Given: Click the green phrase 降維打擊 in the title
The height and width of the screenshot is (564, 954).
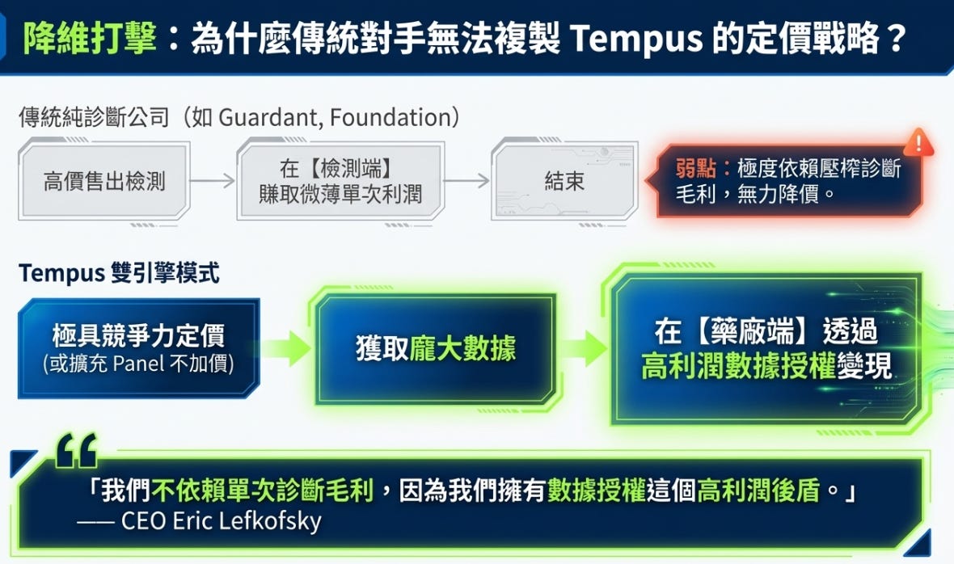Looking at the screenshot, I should pos(90,37).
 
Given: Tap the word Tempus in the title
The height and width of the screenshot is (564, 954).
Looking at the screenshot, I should pos(635,37).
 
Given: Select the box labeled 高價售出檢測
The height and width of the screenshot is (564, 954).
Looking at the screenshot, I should pos(104,180).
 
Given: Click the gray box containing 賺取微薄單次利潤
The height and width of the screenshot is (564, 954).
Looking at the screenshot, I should pos(340,180).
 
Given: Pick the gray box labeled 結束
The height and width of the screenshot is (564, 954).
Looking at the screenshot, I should pos(564,180).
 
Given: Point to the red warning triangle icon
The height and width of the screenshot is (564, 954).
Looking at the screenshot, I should pos(918,143).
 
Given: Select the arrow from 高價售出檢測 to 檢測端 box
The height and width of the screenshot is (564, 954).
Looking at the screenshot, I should pos(213,180).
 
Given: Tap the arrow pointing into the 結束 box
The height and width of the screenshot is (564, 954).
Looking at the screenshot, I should pos(467,180).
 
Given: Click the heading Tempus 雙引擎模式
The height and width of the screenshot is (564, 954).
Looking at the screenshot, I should pos(119,273).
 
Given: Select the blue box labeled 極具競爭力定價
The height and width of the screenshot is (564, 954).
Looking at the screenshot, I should pos(138,347).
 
